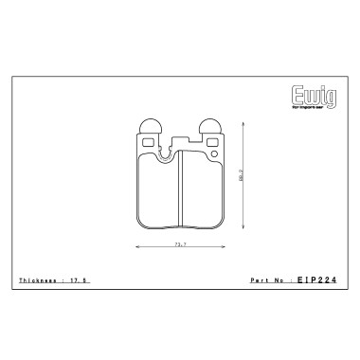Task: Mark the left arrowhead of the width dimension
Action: [x=138, y=248]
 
